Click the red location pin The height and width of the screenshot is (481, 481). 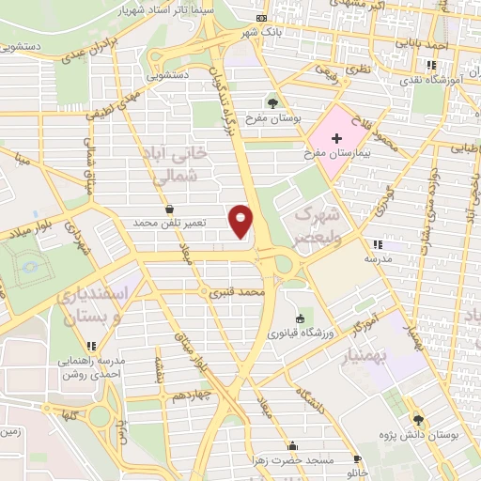pyautogui.click(x=241, y=221)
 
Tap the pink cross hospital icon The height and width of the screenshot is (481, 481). pyautogui.click(x=336, y=138)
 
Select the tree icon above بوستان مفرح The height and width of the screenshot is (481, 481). pyautogui.click(x=272, y=102)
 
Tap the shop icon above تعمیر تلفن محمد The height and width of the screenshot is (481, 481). pyautogui.click(x=168, y=209)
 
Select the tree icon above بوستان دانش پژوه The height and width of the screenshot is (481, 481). pyautogui.click(x=418, y=420)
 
